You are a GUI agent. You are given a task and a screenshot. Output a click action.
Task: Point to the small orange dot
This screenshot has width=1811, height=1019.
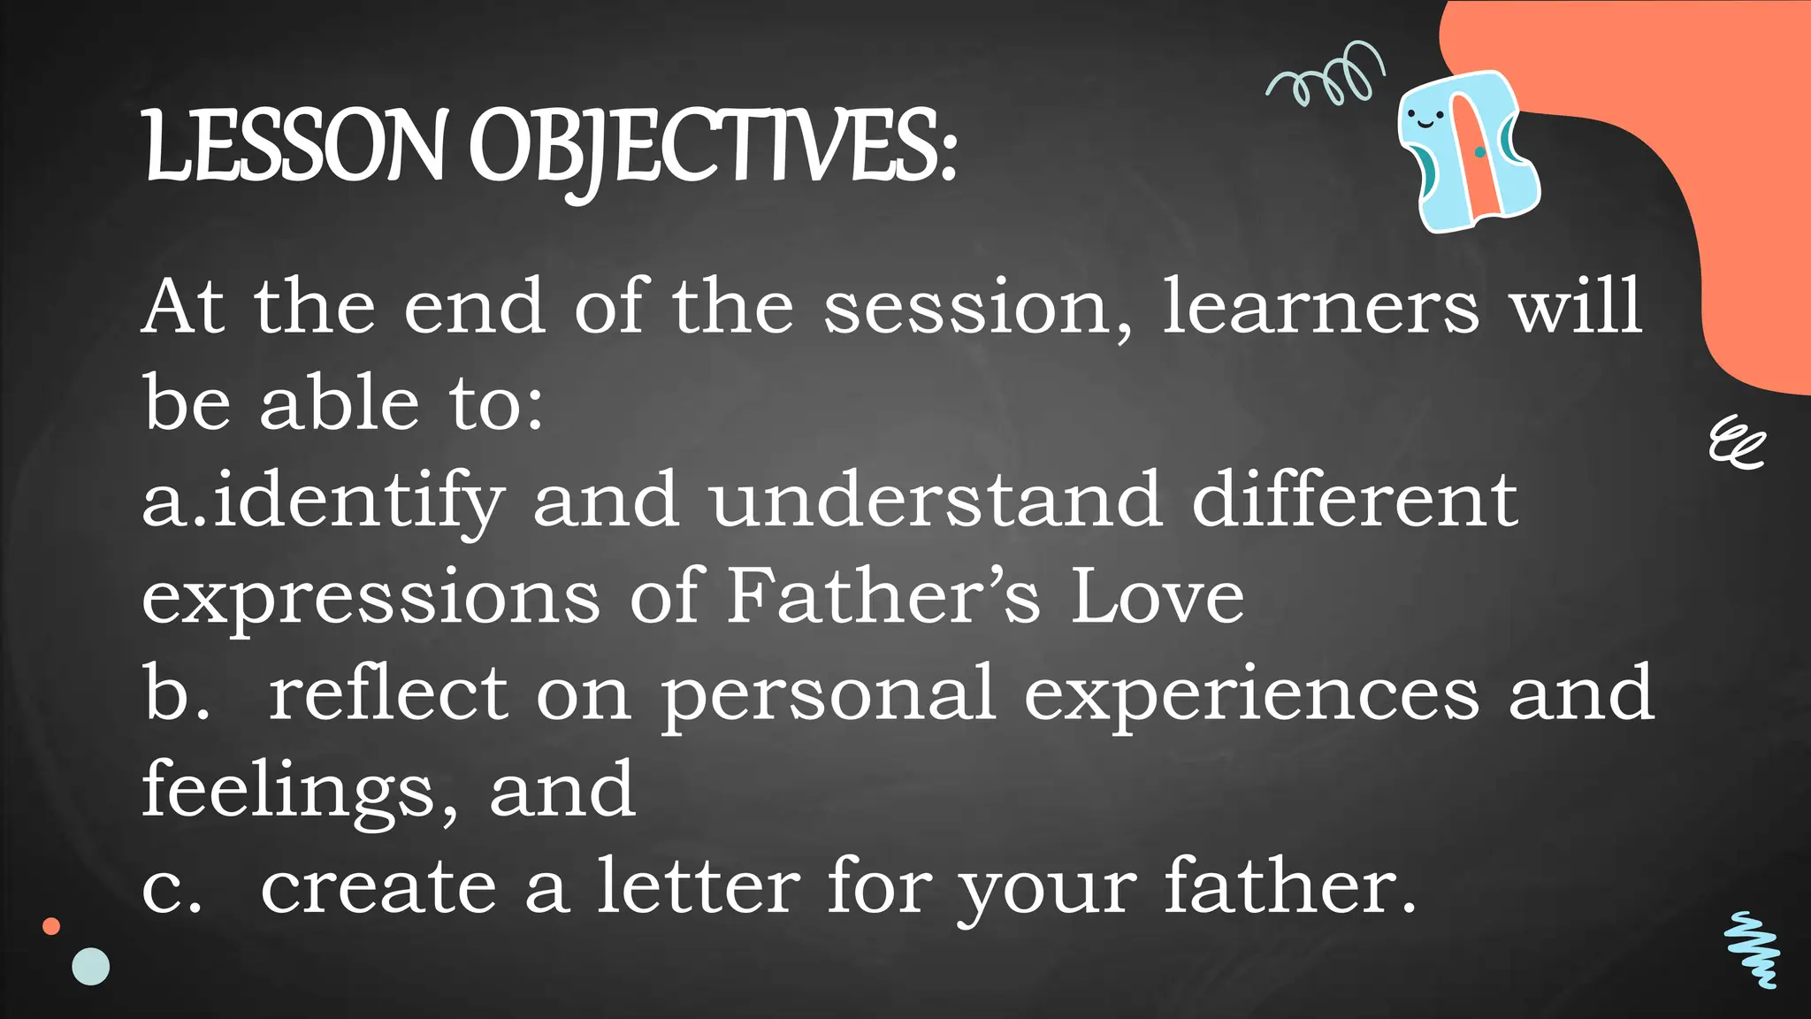[x=51, y=926]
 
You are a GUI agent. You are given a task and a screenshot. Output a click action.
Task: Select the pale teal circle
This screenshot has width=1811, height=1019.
[x=90, y=967]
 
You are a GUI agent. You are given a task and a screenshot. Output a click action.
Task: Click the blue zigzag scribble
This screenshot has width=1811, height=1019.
[x=1752, y=949]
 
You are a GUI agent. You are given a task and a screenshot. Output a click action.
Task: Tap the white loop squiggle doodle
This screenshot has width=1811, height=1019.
[x=1736, y=442]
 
